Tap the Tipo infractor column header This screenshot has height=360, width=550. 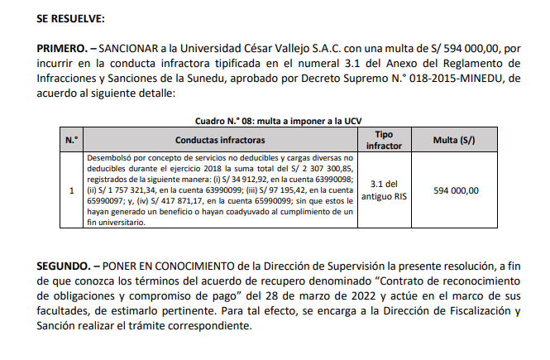384,140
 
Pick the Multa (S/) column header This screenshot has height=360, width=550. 456,140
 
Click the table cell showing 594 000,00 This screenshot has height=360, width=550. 456,190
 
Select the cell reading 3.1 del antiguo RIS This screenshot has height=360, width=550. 384,190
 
